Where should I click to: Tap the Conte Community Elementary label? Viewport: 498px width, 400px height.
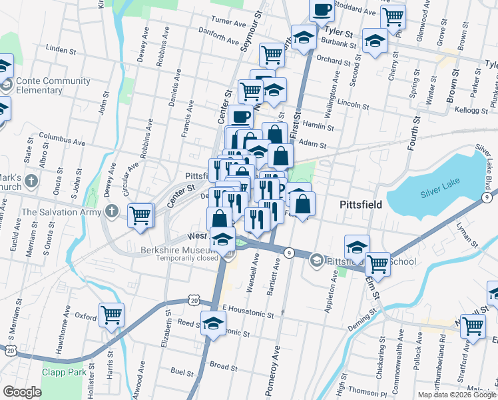click(x=53, y=85)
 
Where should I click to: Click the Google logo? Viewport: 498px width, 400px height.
click(x=23, y=392)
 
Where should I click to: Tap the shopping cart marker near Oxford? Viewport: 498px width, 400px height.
click(x=112, y=316)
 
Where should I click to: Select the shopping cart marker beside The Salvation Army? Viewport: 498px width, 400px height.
click(x=140, y=215)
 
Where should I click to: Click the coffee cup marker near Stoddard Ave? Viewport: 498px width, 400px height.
click(x=322, y=11)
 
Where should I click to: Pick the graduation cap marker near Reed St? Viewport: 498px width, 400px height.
click(x=214, y=324)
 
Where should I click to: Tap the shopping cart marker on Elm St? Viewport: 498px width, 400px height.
click(x=378, y=264)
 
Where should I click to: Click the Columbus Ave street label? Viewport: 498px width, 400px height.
click(x=62, y=142)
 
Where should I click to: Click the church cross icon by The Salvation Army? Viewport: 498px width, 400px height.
click(x=112, y=212)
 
